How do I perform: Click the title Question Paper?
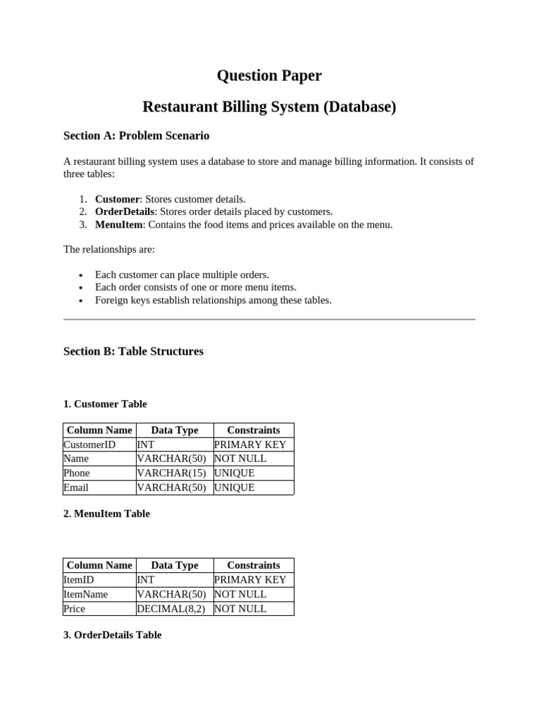click(x=269, y=76)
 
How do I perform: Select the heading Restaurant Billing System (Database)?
click(x=269, y=107)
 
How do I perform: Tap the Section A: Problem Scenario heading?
click(x=136, y=136)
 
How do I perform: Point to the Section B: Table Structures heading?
click(x=133, y=351)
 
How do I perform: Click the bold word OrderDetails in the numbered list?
click(x=124, y=211)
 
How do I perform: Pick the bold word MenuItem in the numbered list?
click(x=119, y=225)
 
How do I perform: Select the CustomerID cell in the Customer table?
click(x=89, y=444)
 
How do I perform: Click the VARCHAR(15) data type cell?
click(x=171, y=473)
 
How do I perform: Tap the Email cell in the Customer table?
click(x=76, y=487)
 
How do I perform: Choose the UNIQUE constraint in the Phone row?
click(x=234, y=473)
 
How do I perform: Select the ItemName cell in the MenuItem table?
click(x=86, y=594)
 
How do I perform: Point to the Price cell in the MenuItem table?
click(x=74, y=609)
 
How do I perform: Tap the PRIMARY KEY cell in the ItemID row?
click(x=250, y=580)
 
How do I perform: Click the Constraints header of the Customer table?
click(x=253, y=430)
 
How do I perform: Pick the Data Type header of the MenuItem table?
click(x=175, y=565)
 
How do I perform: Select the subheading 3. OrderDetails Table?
click(x=112, y=635)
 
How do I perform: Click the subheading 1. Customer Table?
click(x=105, y=404)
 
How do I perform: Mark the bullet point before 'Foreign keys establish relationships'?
click(x=81, y=301)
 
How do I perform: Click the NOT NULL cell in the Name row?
click(x=240, y=459)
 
